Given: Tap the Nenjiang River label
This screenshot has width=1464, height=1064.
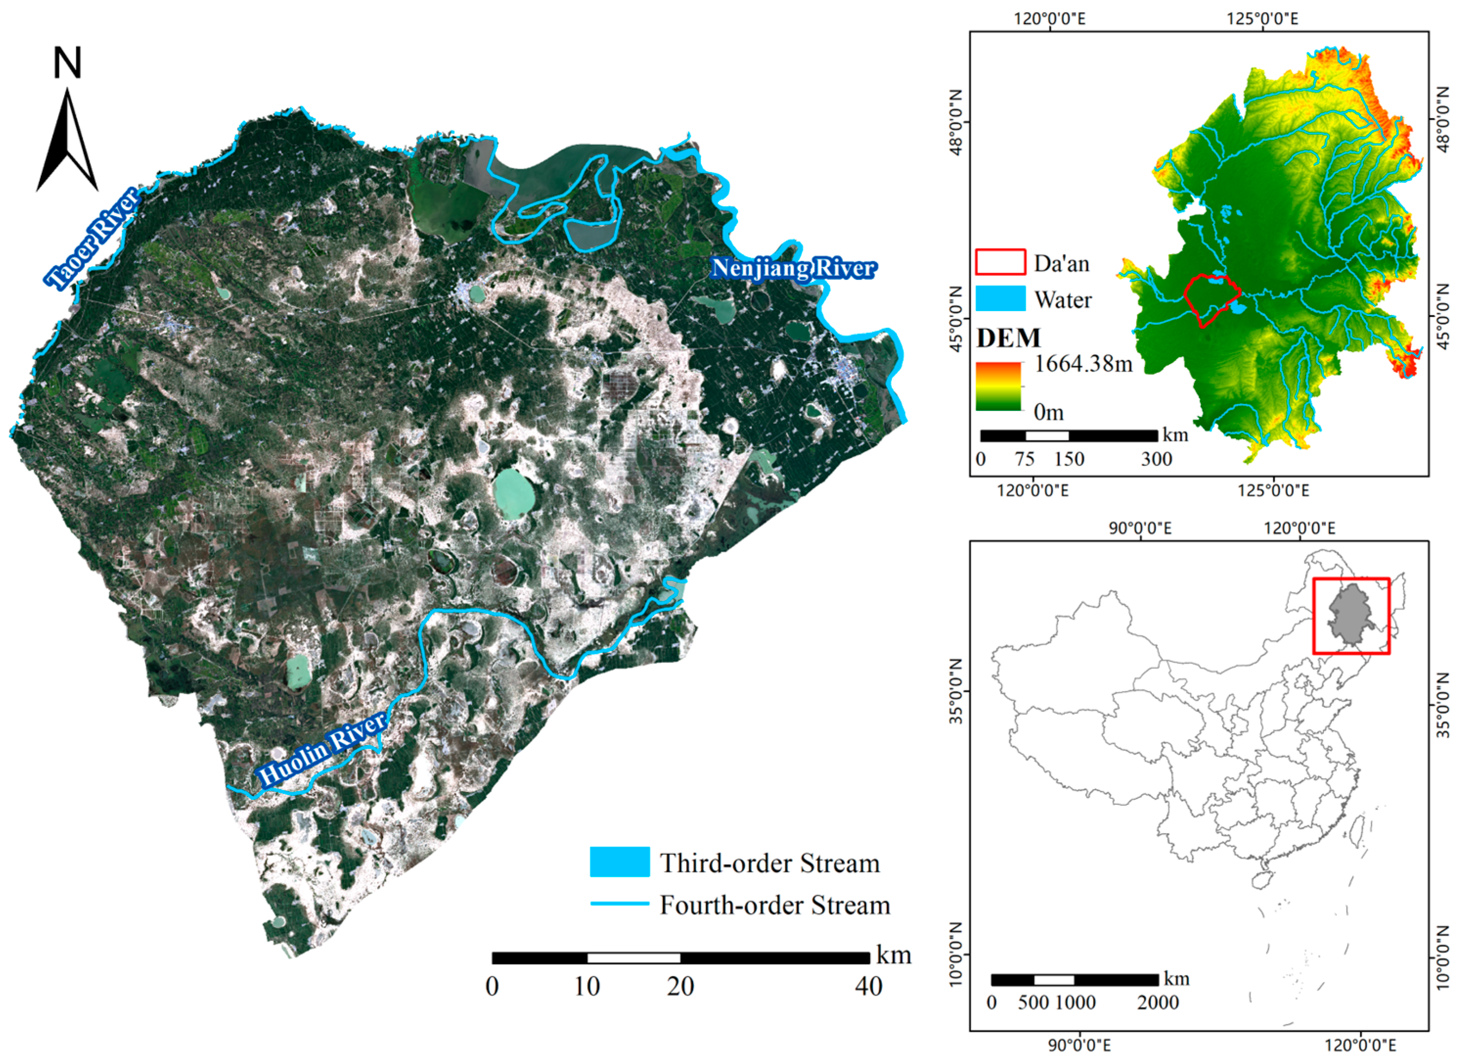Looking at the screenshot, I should (x=793, y=268).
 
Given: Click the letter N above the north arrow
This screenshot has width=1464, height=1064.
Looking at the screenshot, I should (x=67, y=63).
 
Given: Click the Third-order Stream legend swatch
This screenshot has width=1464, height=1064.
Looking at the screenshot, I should (x=619, y=862).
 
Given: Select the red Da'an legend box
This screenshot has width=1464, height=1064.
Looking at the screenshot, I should (x=1000, y=262).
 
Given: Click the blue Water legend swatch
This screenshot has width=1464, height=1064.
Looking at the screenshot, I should (x=1000, y=298).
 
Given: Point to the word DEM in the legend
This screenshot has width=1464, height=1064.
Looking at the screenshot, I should (x=1008, y=338).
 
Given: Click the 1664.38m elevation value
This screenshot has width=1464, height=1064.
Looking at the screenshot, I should (x=1083, y=364).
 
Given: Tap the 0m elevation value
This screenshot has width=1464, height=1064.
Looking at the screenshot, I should (x=1048, y=412).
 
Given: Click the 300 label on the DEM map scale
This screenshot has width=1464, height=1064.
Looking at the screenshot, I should (x=1156, y=459).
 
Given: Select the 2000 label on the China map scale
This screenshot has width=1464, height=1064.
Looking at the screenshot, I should (x=1157, y=1003).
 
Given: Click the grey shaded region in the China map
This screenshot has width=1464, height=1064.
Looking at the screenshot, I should (x=1351, y=613).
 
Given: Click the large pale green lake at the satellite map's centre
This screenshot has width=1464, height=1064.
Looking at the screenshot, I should (x=514, y=494).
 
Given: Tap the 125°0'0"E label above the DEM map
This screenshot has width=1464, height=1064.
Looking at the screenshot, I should (x=1262, y=18).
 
